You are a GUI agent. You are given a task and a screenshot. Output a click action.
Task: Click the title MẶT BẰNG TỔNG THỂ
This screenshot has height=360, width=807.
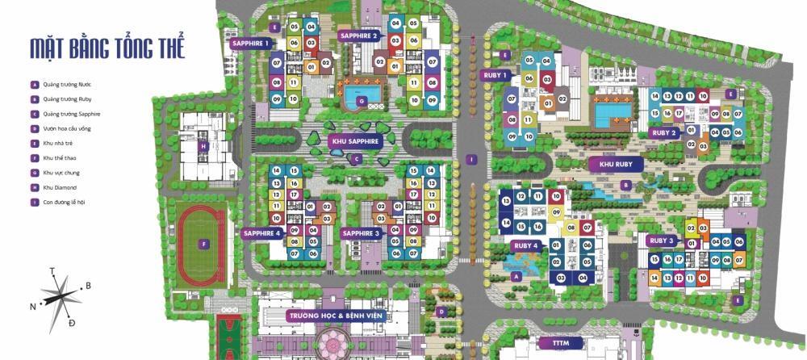(107, 48)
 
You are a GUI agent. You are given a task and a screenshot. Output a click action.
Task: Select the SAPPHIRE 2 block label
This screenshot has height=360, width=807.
(359, 36)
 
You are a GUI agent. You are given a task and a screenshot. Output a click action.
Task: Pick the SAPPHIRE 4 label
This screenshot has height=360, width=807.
(261, 233)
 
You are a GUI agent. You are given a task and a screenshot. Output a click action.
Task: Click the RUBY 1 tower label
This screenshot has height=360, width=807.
(495, 75)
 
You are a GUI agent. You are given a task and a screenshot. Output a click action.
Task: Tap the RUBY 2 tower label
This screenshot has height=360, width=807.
(663, 132)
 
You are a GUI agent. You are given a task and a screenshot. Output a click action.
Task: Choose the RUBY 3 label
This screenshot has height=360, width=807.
(662, 241)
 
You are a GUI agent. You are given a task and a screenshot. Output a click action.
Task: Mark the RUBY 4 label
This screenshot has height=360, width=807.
(525, 245)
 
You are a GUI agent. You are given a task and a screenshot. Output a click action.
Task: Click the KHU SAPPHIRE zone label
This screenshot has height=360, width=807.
(355, 140)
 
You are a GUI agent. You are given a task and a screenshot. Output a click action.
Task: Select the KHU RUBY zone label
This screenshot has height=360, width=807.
(615, 164)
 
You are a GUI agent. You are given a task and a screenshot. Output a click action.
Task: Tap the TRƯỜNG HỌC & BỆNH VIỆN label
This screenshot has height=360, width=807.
(338, 315)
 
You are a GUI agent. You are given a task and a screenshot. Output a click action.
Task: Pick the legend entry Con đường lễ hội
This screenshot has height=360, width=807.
(60, 202)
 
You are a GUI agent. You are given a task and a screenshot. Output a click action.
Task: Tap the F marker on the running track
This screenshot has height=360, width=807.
(205, 243)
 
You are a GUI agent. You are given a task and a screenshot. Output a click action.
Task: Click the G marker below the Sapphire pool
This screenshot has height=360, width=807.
(362, 101)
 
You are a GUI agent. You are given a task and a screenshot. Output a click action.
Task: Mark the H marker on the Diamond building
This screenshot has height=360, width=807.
(204, 146)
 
